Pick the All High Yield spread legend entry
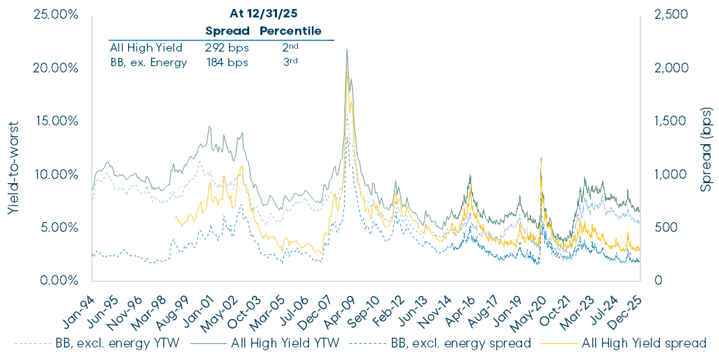645,343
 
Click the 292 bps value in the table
222,47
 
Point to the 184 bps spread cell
222,61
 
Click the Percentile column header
291,31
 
